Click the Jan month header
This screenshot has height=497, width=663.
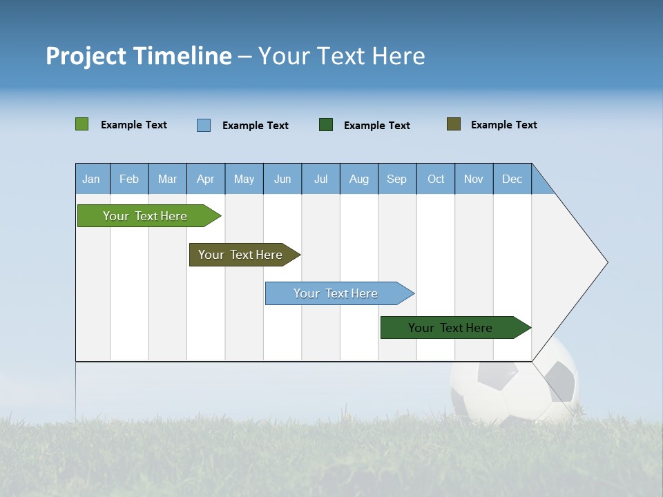(92, 179)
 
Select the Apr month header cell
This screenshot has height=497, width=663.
(206, 179)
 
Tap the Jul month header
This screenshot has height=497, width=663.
(320, 179)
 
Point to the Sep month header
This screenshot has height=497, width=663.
(397, 179)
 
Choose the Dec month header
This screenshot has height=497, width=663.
(512, 179)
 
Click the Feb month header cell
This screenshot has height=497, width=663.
(129, 179)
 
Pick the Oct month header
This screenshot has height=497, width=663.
(436, 179)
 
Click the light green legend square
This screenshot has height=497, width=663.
(81, 124)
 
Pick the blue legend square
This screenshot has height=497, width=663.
(204, 125)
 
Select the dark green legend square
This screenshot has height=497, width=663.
(326, 124)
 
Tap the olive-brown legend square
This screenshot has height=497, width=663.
(454, 124)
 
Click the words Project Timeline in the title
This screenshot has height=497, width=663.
(138, 56)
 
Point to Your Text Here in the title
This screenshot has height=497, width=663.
(341, 56)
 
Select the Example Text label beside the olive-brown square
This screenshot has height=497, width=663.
(503, 125)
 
